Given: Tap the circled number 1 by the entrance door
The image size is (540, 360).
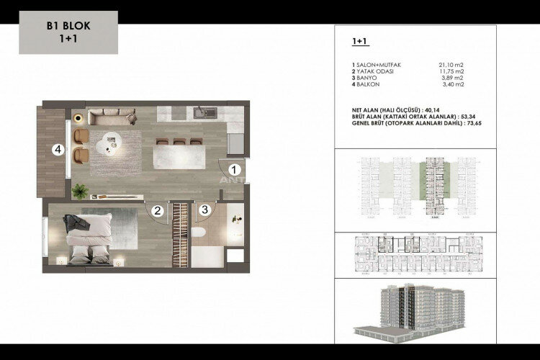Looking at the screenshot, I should point(234,169).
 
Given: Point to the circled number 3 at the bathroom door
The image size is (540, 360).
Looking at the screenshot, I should point(205,210).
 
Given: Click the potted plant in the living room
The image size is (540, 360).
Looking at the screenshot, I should point(79,190).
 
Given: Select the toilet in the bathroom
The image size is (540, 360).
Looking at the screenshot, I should point(200,233).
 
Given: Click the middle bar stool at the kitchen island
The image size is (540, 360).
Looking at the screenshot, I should point(178,141).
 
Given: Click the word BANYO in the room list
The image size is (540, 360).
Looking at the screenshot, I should point(363,78).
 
